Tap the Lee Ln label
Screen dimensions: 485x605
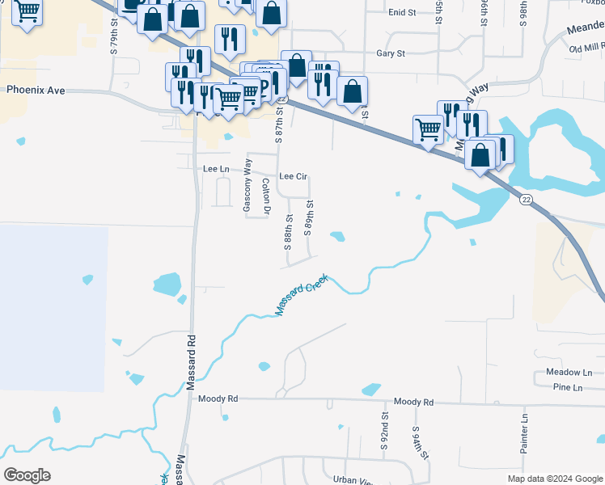click(214, 168)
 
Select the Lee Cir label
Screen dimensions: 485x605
click(294, 176)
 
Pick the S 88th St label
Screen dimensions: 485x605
click(288, 231)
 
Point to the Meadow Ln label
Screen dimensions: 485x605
click(569, 372)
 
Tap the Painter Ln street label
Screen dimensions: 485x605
click(524, 432)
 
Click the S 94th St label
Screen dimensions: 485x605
click(421, 443)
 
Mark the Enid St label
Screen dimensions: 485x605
click(401, 13)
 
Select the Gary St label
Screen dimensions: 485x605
click(390, 53)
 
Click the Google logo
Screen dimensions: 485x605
click(27, 474)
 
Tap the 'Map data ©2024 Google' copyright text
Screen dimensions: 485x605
click(554, 479)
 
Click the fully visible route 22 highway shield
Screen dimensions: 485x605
click(526, 200)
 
